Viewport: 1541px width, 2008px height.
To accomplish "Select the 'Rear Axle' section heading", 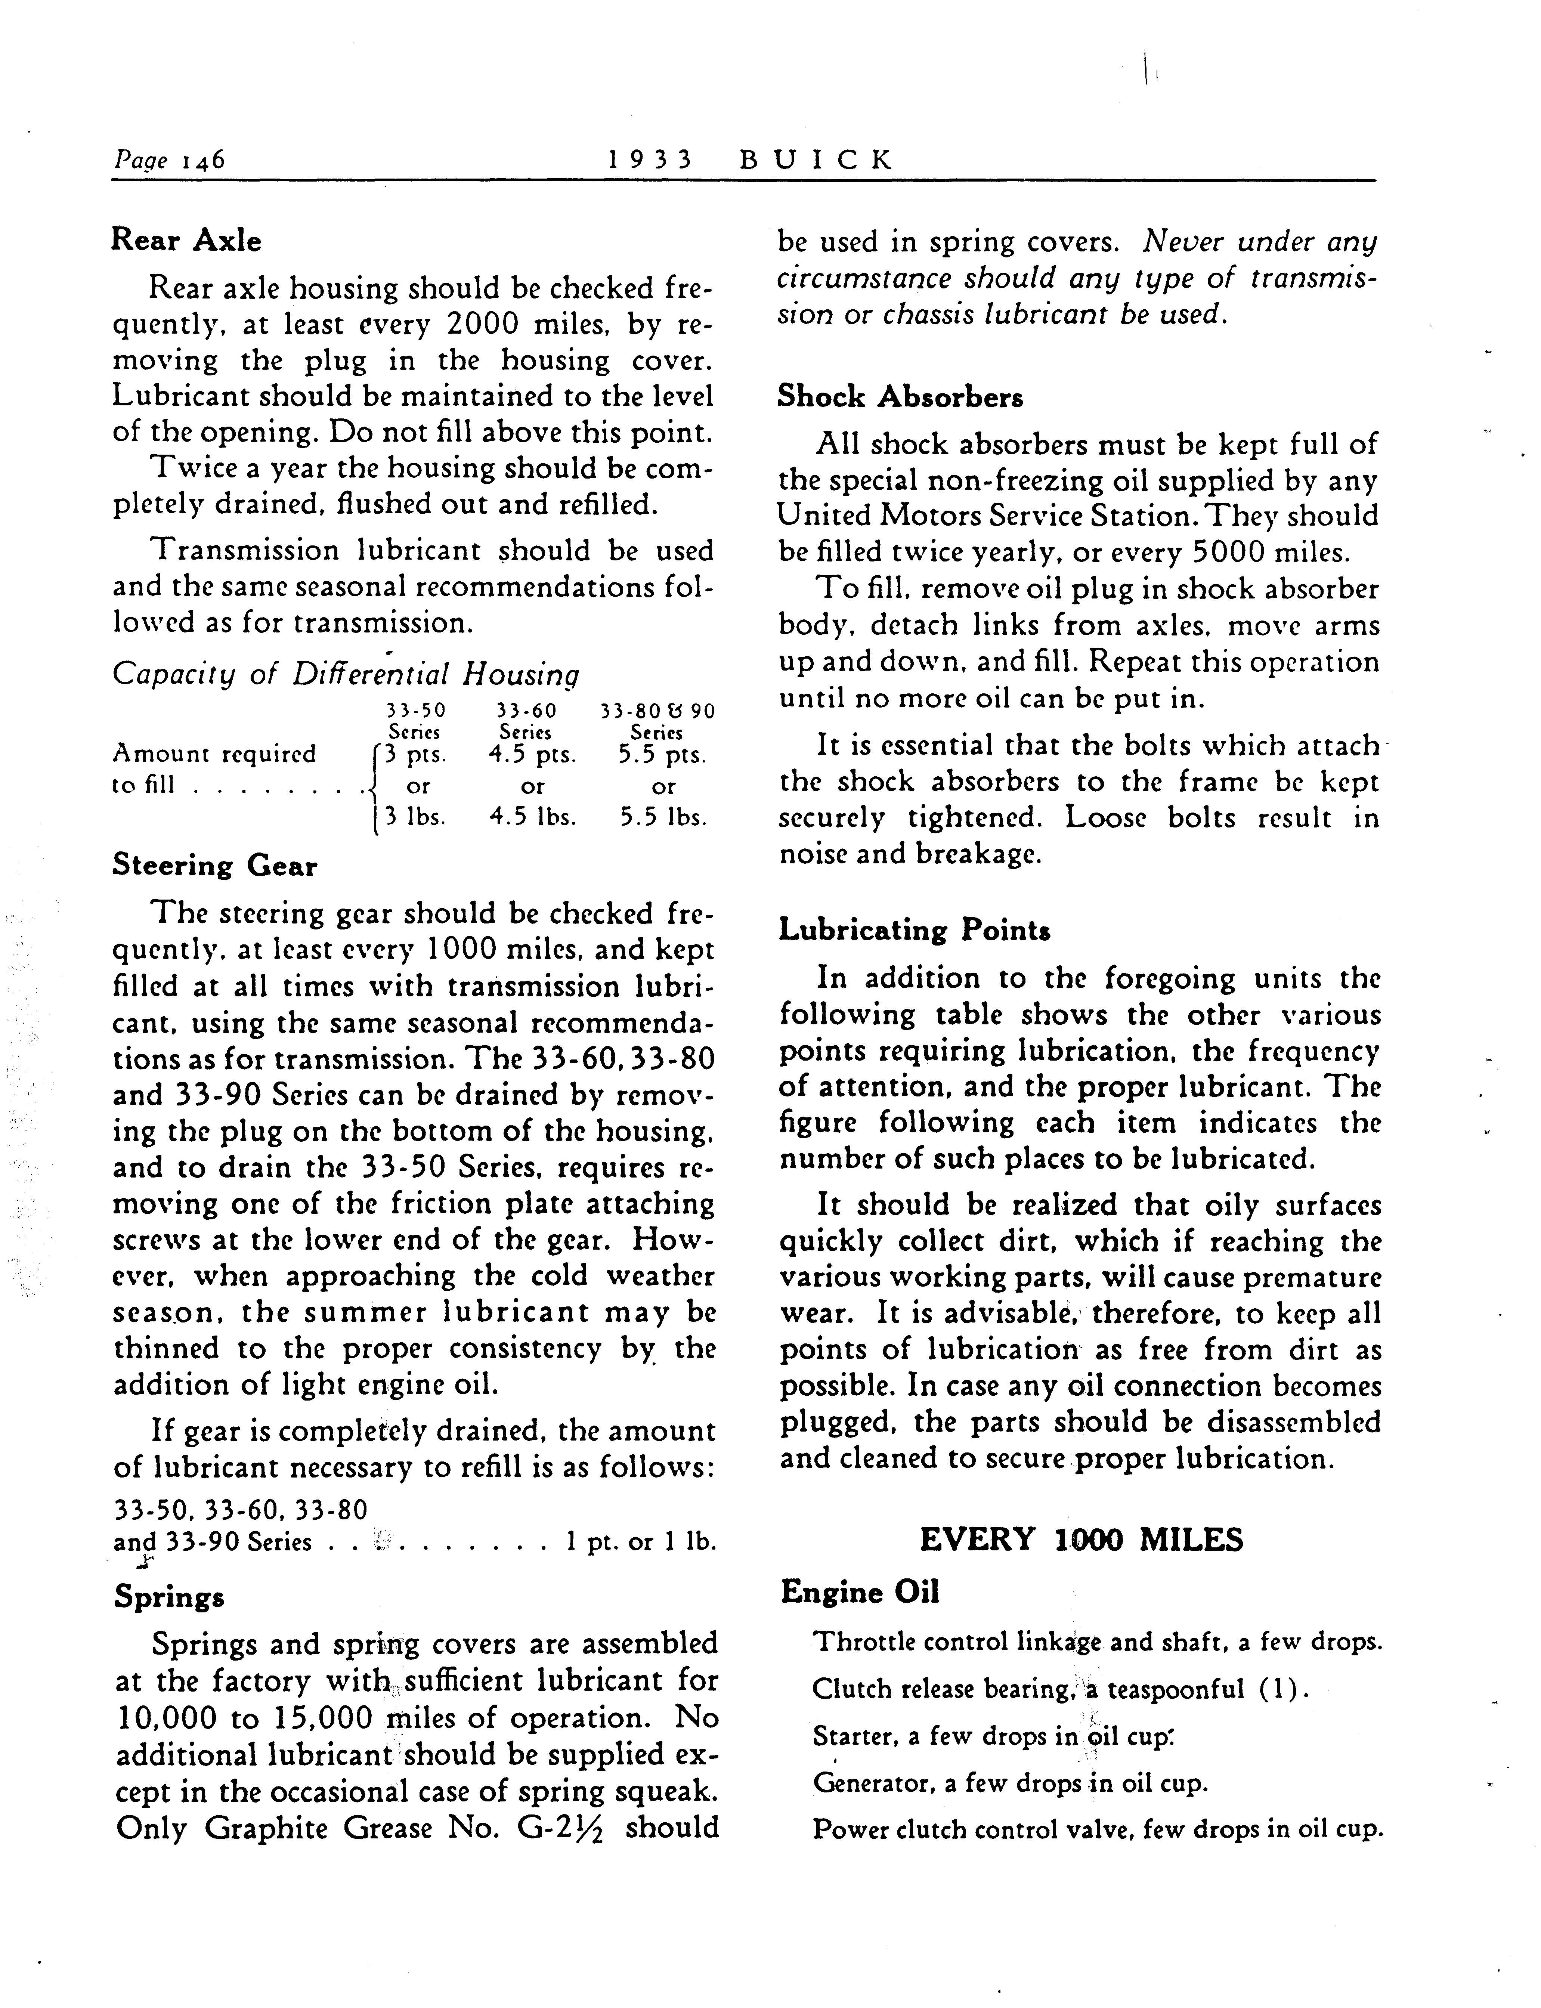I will [186, 240].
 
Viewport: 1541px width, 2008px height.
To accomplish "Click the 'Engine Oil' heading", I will [860, 1593].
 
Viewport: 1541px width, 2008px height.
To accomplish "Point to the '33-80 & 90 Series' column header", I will [657, 721].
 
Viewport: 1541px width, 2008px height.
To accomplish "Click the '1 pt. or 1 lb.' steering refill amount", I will [640, 1542].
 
